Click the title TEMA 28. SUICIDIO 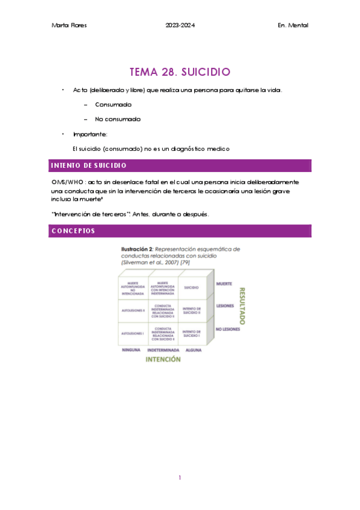[x=180, y=72]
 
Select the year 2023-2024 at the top [x=180, y=25]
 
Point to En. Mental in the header [x=293, y=25]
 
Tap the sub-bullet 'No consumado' [x=118, y=119]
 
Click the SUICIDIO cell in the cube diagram [x=192, y=287]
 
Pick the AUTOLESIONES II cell [x=132, y=310]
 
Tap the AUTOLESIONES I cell [x=132, y=333]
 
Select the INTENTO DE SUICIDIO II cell [x=192, y=310]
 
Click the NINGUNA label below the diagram [x=132, y=349]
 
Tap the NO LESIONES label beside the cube [x=228, y=329]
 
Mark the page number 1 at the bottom [x=180, y=478]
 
